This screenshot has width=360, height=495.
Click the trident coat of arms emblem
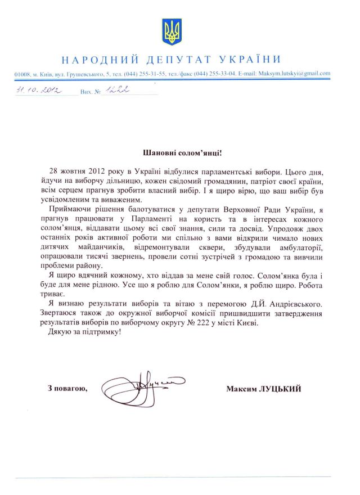(x=172, y=31)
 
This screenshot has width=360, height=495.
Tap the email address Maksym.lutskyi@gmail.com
(x=297, y=74)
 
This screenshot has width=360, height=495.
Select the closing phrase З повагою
(x=67, y=389)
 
